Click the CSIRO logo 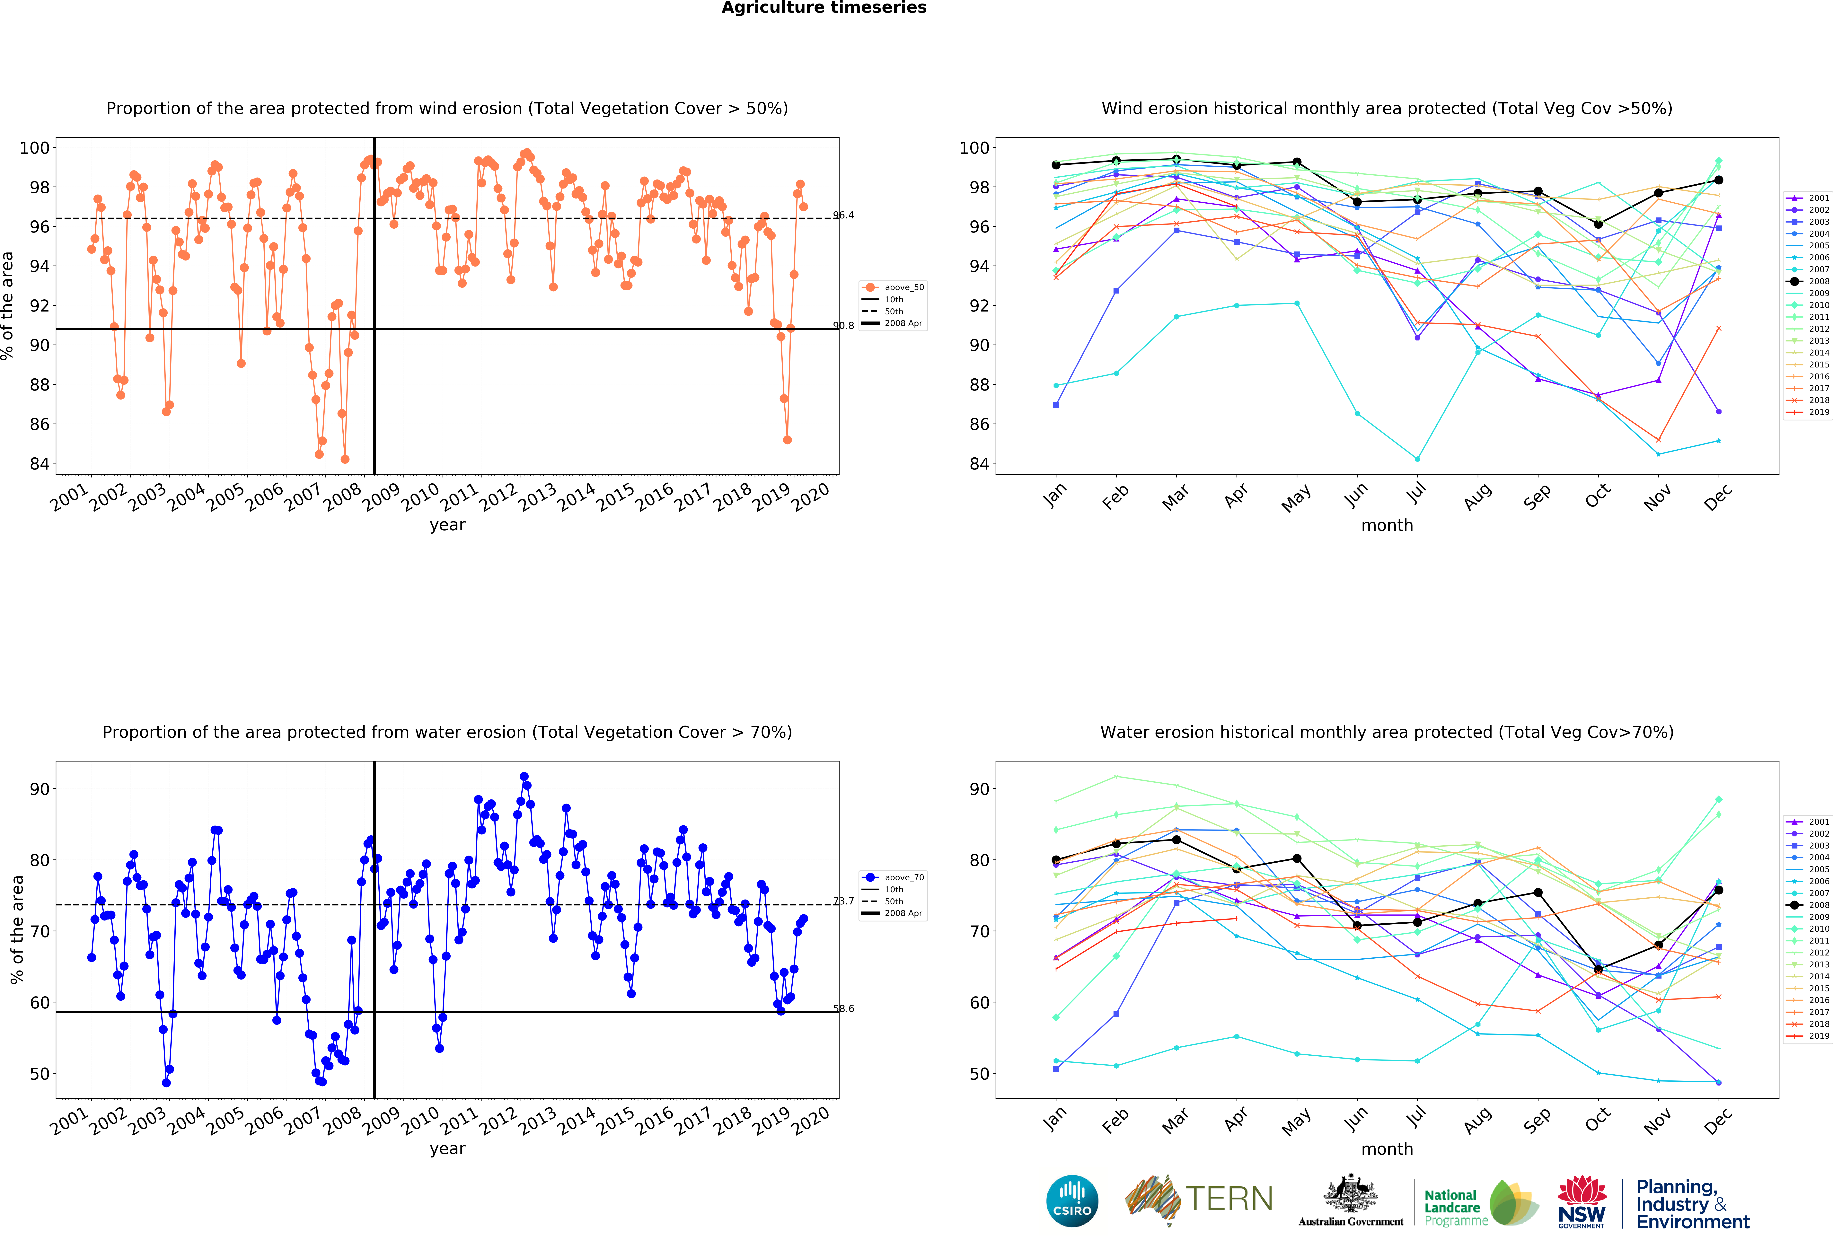point(1072,1201)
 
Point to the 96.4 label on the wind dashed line point(843,215)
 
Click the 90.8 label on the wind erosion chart point(843,326)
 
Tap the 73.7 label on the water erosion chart point(843,901)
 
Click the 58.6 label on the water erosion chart point(843,1008)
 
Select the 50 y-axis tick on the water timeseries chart point(40,1074)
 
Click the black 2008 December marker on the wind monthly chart point(1719,180)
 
